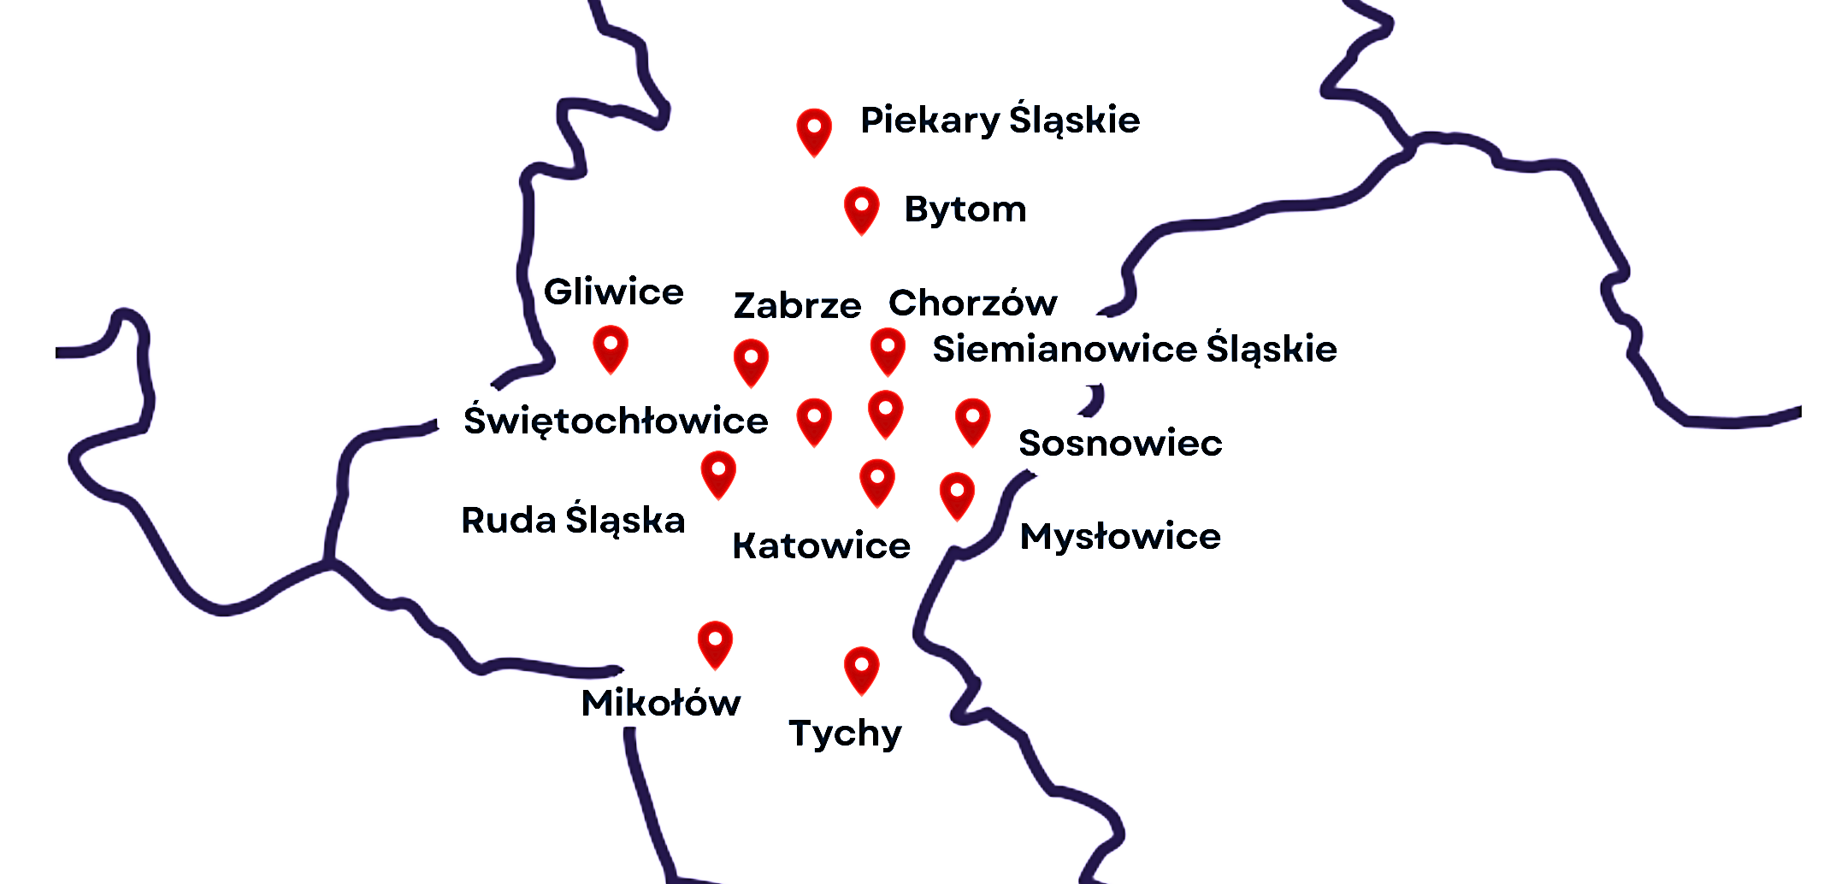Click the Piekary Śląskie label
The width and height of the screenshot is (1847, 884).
click(x=1000, y=121)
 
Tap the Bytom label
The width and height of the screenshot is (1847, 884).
click(x=965, y=209)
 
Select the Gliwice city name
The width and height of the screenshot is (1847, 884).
click(x=613, y=292)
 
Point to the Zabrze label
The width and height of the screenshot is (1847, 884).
click(x=797, y=305)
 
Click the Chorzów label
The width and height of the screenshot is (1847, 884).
click(x=972, y=303)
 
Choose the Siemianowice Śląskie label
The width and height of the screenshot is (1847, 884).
click(x=1135, y=349)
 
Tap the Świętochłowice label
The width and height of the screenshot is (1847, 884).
click(x=616, y=421)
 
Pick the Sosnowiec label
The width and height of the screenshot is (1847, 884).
click(x=1120, y=443)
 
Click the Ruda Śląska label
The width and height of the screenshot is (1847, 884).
click(x=573, y=520)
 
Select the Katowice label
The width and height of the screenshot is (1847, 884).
click(x=822, y=545)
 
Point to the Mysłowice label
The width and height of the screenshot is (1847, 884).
click(x=1120, y=537)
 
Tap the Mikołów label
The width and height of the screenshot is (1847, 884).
click(x=660, y=703)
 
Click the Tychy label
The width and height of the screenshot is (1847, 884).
click(x=845, y=733)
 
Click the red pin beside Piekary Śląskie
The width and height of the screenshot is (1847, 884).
click(x=814, y=130)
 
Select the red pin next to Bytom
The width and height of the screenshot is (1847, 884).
click(x=861, y=208)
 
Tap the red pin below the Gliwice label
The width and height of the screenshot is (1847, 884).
click(x=611, y=347)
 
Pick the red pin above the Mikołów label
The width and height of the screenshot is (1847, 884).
click(x=715, y=642)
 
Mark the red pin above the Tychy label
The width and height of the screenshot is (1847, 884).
click(x=861, y=668)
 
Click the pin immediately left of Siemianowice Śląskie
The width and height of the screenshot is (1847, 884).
click(x=888, y=350)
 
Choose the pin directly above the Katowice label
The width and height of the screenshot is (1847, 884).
click(x=877, y=480)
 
